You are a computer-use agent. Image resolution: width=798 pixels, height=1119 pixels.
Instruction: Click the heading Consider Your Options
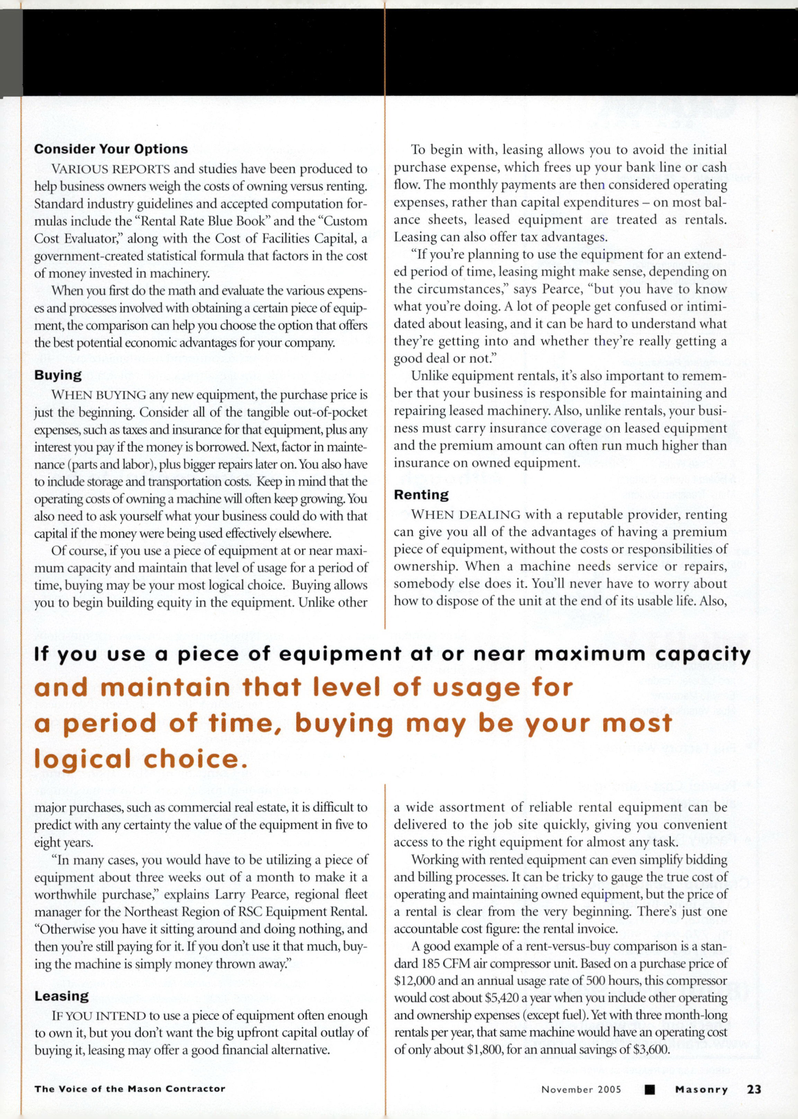tap(111, 149)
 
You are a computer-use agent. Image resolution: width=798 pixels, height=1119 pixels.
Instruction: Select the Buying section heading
tap(58, 375)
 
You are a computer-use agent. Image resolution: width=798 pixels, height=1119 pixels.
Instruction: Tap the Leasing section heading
tap(61, 996)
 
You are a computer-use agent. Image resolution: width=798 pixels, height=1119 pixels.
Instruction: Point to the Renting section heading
tap(421, 494)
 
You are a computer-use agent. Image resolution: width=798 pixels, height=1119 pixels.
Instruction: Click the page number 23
tap(754, 1089)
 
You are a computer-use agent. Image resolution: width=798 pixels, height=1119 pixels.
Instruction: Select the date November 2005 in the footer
tap(581, 1089)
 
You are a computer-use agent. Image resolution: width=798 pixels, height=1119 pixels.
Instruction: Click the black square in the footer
tap(650, 1089)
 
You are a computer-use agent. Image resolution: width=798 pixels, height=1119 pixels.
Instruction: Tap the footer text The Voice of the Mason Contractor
tap(130, 1088)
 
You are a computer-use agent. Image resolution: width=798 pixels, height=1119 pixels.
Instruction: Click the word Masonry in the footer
tap(702, 1089)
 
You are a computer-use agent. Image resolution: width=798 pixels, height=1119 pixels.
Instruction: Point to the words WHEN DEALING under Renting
tap(466, 515)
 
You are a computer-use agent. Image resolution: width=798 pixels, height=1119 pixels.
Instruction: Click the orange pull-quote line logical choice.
tap(141, 758)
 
